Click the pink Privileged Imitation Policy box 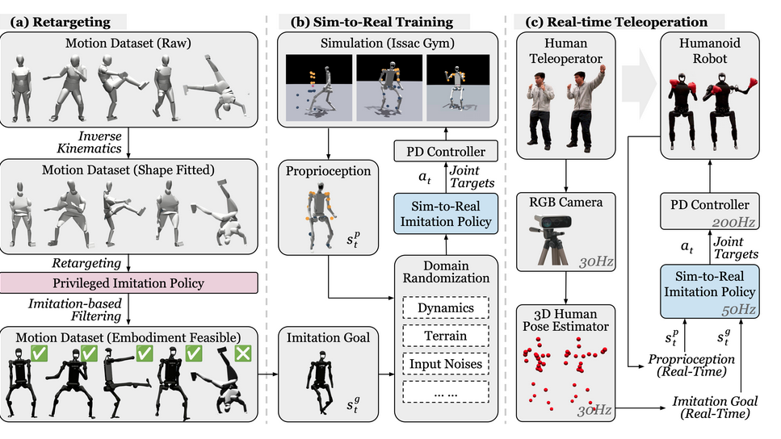(x=129, y=284)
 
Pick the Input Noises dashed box (x=447, y=364)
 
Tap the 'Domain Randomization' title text (x=447, y=272)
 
